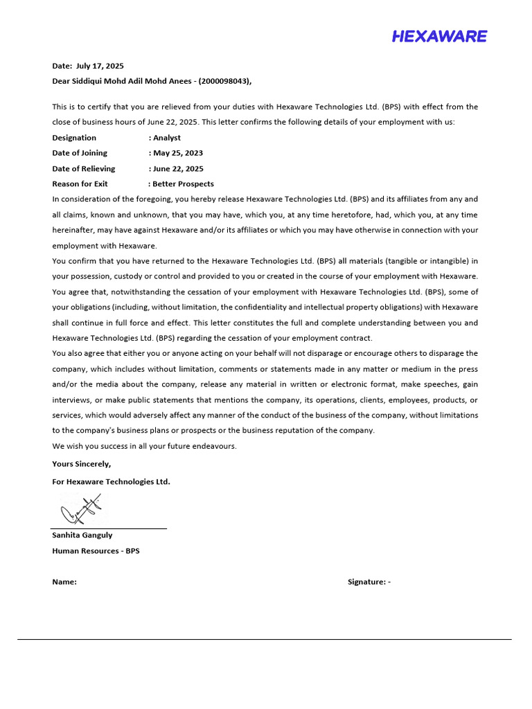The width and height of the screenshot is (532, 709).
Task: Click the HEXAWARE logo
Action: tap(439, 37)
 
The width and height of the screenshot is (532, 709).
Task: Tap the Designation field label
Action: tap(74, 138)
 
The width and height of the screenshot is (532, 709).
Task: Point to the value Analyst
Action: tap(167, 138)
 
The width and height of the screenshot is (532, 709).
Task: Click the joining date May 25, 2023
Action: tap(178, 153)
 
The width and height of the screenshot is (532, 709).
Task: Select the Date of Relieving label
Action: tap(84, 168)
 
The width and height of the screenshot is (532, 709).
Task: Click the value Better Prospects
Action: tap(184, 184)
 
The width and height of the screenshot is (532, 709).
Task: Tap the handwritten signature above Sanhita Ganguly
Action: tap(82, 510)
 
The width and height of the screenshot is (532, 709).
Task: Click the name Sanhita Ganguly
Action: tap(82, 535)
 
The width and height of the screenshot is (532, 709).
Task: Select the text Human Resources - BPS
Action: tap(96, 551)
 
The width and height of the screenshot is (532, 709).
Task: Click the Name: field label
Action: tap(64, 582)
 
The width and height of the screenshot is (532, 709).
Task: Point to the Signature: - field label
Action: tap(369, 582)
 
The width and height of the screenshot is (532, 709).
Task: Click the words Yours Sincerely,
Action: tap(81, 464)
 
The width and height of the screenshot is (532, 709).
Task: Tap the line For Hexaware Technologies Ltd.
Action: tap(111, 482)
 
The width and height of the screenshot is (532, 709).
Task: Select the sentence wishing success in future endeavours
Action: tap(144, 446)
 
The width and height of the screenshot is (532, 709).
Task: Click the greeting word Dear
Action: tap(62, 81)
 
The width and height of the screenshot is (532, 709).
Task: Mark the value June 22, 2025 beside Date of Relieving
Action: tap(178, 168)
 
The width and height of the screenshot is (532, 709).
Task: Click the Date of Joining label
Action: tap(80, 153)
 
